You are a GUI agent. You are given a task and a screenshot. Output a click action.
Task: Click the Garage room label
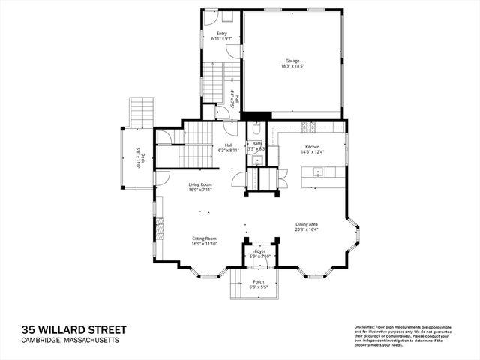click(x=293, y=61)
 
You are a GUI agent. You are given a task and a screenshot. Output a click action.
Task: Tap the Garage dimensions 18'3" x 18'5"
click(x=293, y=66)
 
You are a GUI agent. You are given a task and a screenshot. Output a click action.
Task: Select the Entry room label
click(x=222, y=34)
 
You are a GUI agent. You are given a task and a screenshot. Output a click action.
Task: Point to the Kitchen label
click(x=312, y=146)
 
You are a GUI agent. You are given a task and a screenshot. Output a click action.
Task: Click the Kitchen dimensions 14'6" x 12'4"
click(x=312, y=151)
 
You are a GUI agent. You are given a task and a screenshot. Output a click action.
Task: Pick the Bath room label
click(x=257, y=144)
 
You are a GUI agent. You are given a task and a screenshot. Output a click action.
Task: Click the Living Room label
click(x=200, y=184)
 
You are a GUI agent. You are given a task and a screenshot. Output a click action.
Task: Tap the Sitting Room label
click(x=204, y=238)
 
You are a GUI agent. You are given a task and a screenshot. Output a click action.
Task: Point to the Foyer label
click(x=259, y=253)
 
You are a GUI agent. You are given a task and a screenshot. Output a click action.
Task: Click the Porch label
click(x=258, y=281)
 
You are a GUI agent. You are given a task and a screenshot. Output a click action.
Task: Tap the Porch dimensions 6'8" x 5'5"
click(x=258, y=286)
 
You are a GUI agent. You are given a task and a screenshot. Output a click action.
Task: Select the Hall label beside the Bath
click(x=228, y=145)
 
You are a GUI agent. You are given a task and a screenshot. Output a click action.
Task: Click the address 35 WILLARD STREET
click(x=73, y=329)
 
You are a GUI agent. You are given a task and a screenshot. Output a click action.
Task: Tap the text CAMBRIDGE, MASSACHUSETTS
click(x=70, y=340)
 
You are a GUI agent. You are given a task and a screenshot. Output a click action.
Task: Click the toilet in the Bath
click(x=256, y=127)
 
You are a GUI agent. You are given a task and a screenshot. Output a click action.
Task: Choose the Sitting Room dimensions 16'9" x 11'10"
click(x=204, y=243)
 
